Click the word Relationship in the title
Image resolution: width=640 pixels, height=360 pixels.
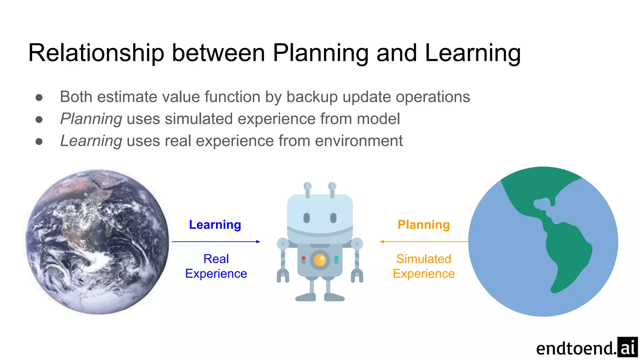[x=96, y=53]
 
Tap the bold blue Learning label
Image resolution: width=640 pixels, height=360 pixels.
[x=215, y=225]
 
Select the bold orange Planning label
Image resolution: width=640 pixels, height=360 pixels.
[x=423, y=225]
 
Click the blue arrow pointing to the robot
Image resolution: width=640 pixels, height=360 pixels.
[x=216, y=242]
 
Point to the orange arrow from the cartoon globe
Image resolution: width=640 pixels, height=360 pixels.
[x=424, y=242]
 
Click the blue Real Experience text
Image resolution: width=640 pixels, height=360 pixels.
[x=216, y=266]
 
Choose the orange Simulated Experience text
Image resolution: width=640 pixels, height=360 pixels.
[x=423, y=266]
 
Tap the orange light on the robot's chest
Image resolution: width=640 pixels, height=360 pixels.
[x=320, y=260]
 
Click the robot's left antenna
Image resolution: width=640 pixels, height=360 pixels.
[x=307, y=189]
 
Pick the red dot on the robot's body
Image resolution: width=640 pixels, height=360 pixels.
[x=303, y=258]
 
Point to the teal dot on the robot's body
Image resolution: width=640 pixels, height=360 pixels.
[x=336, y=258]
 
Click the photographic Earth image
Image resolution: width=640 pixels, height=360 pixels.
[x=97, y=242]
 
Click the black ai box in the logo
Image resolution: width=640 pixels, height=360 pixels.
[x=627, y=347]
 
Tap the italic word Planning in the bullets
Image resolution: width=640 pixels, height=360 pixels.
[x=91, y=119]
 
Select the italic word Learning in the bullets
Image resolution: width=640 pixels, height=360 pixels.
[x=91, y=141]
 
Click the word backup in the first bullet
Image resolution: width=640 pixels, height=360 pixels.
[x=312, y=97]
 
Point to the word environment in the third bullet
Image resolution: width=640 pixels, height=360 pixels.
[x=359, y=141]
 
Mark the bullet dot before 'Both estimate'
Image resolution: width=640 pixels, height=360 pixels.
[x=39, y=97]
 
